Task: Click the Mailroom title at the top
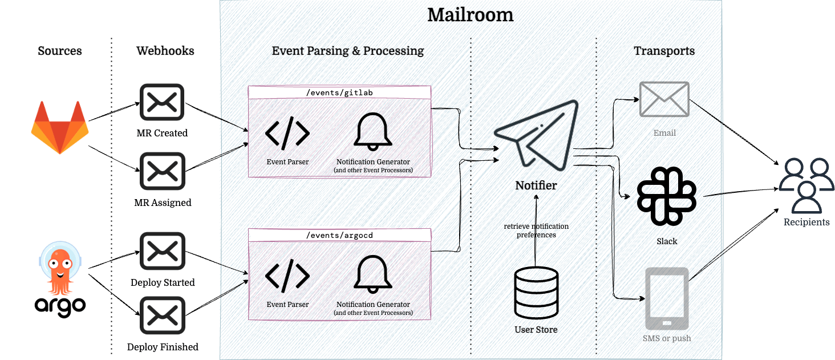point(471,15)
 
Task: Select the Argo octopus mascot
point(60,268)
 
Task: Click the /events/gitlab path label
point(339,92)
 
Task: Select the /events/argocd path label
point(339,234)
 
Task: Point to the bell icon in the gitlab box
point(373,132)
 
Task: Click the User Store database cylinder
point(536,292)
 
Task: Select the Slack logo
point(666,196)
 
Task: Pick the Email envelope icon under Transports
point(664,99)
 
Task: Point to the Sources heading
point(60,51)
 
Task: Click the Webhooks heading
point(165,51)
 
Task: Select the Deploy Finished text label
point(163,347)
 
